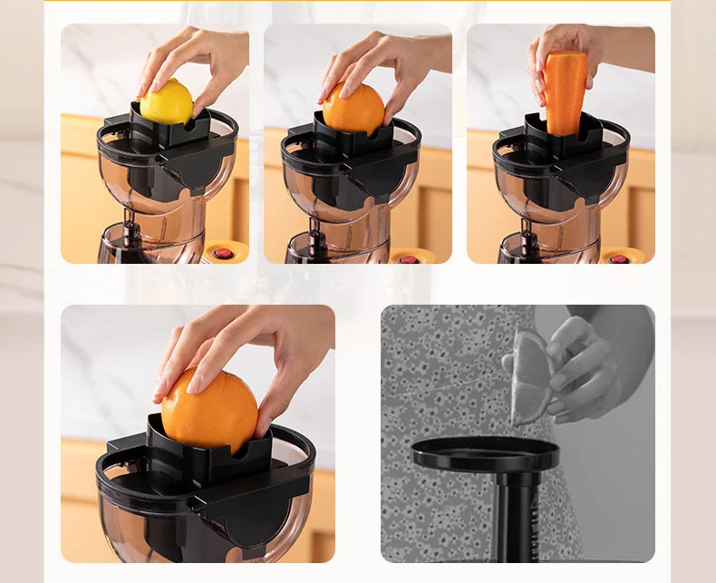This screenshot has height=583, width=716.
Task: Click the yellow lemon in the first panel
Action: [167, 101]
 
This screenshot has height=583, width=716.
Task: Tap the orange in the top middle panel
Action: [353, 110]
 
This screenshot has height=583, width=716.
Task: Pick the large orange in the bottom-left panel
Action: [209, 410]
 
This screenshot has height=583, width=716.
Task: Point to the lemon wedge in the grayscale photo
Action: [531, 377]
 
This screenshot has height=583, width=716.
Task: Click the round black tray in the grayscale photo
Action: [486, 453]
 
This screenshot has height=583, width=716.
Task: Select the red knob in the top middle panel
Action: [410, 259]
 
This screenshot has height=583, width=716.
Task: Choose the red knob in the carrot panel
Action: [619, 259]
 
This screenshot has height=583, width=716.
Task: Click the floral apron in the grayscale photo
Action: [435, 381]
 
